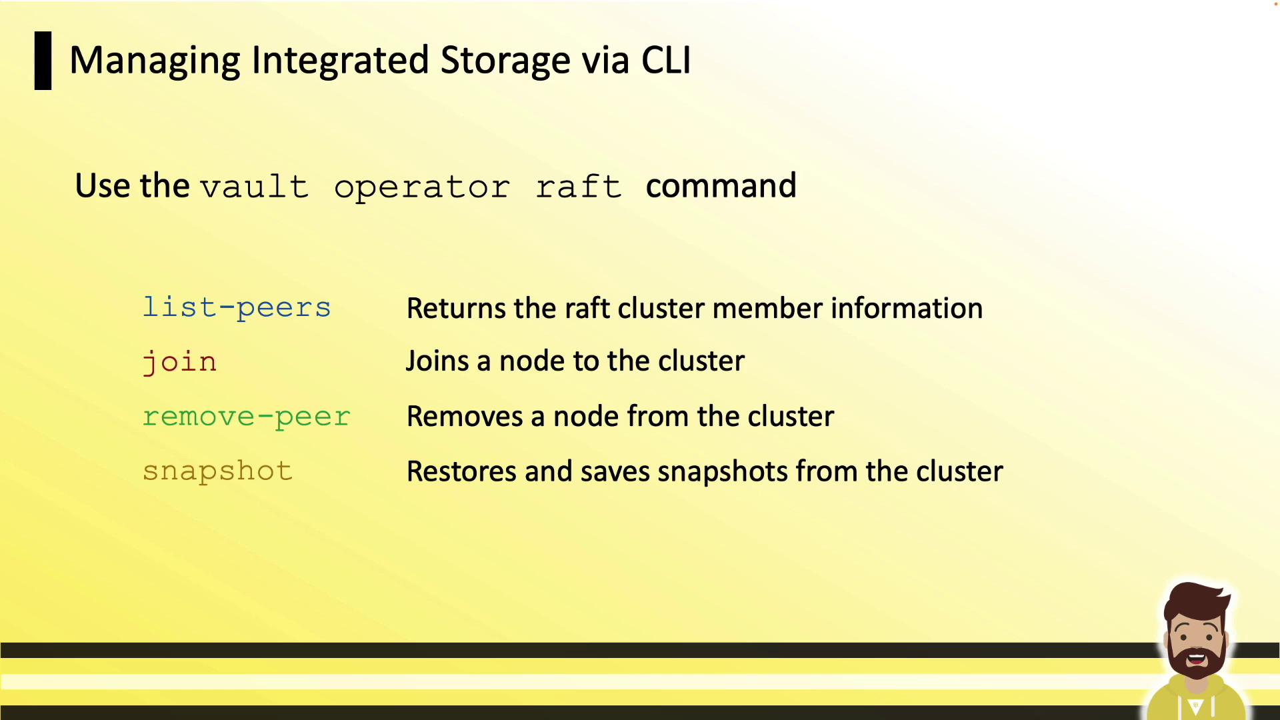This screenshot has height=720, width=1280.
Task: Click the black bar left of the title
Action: (x=43, y=61)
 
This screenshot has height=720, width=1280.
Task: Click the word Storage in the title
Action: (x=505, y=61)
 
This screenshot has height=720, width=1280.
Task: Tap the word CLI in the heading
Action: (x=666, y=60)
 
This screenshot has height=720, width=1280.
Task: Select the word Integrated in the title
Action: (x=340, y=61)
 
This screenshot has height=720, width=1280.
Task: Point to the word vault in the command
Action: (x=254, y=186)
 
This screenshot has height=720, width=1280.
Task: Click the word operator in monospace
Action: (x=422, y=187)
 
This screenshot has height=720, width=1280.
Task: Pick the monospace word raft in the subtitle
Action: (x=579, y=186)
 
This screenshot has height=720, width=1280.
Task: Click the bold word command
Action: (x=721, y=185)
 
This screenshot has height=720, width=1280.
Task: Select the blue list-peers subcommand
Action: (x=237, y=307)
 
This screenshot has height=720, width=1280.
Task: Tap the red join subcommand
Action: (x=180, y=362)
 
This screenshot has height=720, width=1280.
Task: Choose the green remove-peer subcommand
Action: (x=246, y=417)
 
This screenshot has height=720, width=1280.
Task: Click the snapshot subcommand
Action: (x=217, y=471)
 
